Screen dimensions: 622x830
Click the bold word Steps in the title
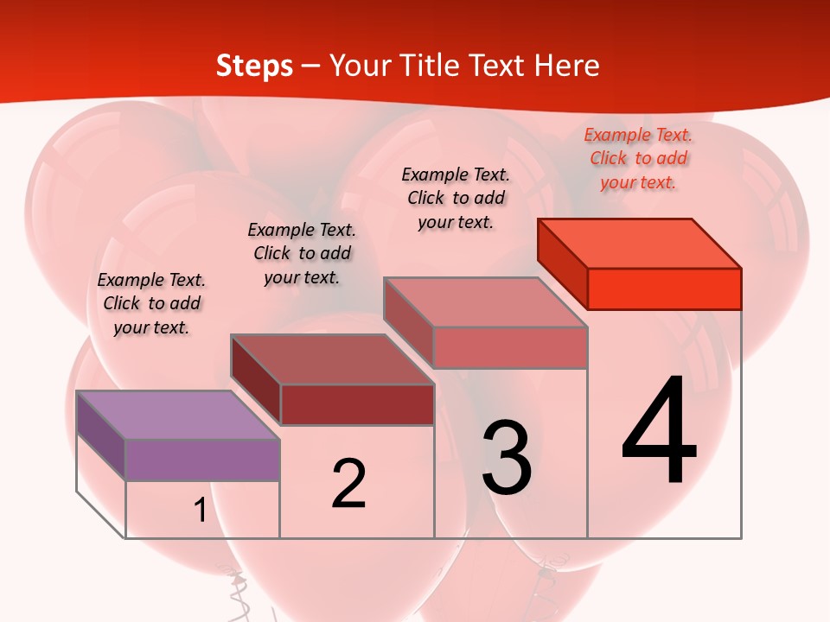pyautogui.click(x=254, y=66)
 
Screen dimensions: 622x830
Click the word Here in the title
pyautogui.click(x=567, y=66)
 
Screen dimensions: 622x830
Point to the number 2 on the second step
pyautogui.click(x=349, y=484)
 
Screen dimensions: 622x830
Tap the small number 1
pyautogui.click(x=201, y=511)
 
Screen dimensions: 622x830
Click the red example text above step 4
pyautogui.click(x=638, y=158)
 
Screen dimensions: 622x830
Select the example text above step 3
pyautogui.click(x=456, y=198)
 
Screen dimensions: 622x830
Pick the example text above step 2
pyautogui.click(x=302, y=253)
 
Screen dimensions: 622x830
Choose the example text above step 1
pyautogui.click(x=151, y=303)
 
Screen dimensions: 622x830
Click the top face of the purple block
pyautogui.click(x=178, y=415)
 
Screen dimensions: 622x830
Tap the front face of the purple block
pyautogui.click(x=202, y=460)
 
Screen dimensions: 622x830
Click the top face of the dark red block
pyautogui.click(x=332, y=359)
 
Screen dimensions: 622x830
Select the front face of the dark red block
pyautogui.click(x=357, y=404)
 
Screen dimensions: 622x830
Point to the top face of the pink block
pyautogui.click(x=486, y=302)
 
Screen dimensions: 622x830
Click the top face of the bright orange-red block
pyautogui.click(x=640, y=244)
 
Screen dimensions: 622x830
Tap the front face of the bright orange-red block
pyautogui.click(x=664, y=289)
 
